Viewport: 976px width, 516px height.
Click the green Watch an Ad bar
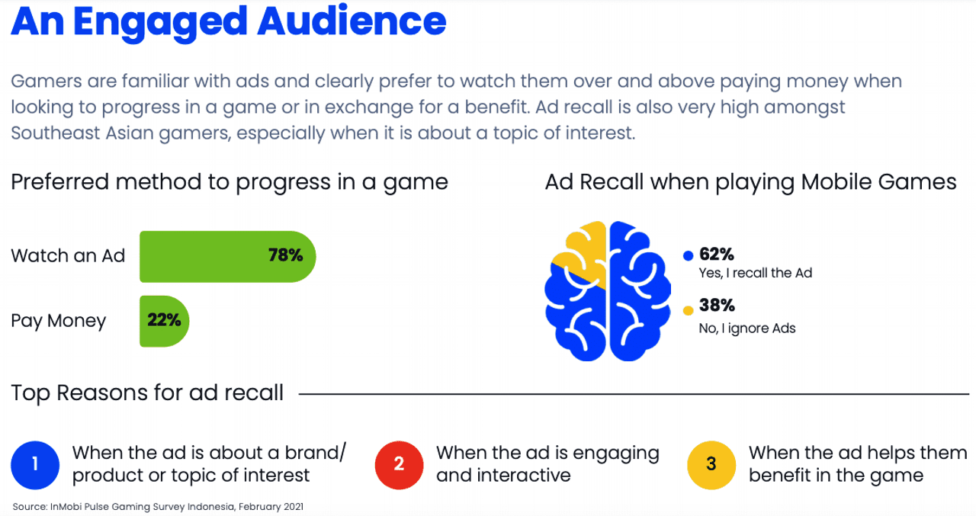[227, 257]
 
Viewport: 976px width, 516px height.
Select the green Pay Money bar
[164, 322]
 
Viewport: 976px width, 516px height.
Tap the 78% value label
[285, 255]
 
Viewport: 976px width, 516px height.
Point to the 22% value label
[164, 320]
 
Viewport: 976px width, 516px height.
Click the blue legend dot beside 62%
[688, 255]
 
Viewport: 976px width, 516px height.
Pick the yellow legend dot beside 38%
[688, 310]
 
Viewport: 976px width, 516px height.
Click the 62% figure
[716, 254]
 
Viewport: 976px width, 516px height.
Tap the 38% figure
[717, 305]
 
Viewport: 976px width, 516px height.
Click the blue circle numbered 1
[35, 465]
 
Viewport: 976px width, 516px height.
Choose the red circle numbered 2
[399, 465]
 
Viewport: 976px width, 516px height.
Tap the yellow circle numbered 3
[711, 465]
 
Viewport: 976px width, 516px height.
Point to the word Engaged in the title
[160, 24]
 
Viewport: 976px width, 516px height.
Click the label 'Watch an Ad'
[68, 255]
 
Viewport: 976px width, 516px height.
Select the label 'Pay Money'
[59, 322]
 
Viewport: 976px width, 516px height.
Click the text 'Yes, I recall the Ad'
[756, 273]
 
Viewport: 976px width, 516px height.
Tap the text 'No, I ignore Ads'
[747, 329]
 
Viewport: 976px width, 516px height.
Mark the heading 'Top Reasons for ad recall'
[147, 393]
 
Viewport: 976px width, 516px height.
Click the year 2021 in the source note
[294, 507]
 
